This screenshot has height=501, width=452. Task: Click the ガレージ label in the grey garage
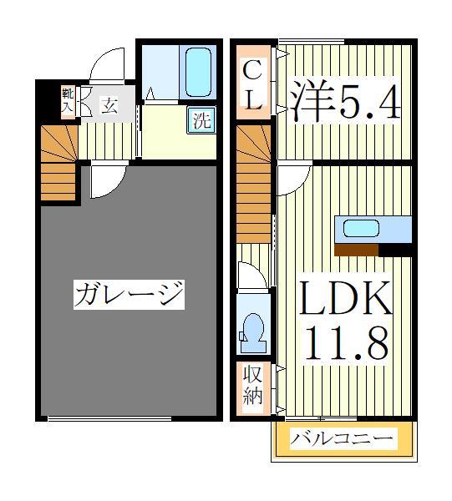(x=129, y=294)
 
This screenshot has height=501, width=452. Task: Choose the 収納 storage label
(x=251, y=385)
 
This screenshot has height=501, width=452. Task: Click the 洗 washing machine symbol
(x=201, y=119)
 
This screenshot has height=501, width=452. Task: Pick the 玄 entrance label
(x=109, y=104)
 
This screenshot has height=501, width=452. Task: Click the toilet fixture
(x=251, y=331)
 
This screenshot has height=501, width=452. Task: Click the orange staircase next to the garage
(x=58, y=163)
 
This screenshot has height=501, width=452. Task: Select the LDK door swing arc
(x=293, y=179)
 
